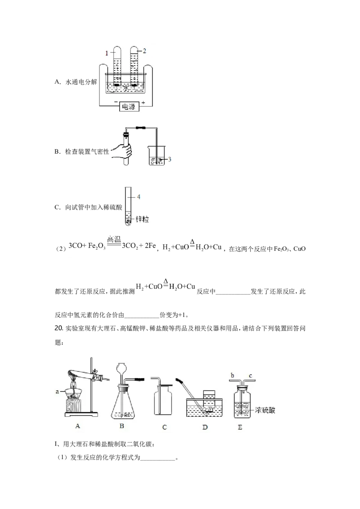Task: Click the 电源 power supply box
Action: click(x=129, y=107)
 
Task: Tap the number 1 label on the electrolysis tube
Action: click(x=107, y=53)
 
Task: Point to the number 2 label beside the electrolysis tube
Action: click(x=144, y=51)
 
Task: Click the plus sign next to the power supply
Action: click(x=143, y=103)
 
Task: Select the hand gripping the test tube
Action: click(x=122, y=151)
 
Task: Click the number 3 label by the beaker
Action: click(x=169, y=159)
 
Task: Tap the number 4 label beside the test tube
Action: click(x=139, y=196)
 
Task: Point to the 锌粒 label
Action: click(x=142, y=219)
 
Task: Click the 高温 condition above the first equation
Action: click(x=114, y=240)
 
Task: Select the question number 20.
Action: click(x=58, y=328)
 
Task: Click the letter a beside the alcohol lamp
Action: click(x=57, y=392)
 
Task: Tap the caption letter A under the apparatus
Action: click(x=77, y=426)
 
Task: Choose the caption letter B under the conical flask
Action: click(x=121, y=426)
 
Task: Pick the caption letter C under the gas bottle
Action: click(x=164, y=427)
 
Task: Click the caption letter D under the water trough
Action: click(x=205, y=427)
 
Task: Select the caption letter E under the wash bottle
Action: click(x=240, y=427)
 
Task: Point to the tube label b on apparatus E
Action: click(x=232, y=375)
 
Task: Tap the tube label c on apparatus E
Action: click(x=251, y=376)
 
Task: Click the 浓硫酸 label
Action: click(x=265, y=410)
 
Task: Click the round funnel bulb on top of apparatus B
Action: click(x=121, y=369)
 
